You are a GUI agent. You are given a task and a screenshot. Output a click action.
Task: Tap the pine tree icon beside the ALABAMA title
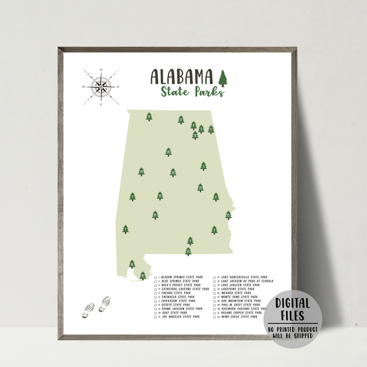click(223, 78)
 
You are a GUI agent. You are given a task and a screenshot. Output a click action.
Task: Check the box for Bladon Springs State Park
click(156, 277)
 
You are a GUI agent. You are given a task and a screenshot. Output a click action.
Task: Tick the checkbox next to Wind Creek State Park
click(215, 317)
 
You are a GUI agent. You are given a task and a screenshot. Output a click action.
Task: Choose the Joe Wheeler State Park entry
click(180, 317)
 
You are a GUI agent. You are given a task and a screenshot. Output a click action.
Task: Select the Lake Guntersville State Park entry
click(244, 277)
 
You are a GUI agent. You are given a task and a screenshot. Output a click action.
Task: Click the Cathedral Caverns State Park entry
click(183, 289)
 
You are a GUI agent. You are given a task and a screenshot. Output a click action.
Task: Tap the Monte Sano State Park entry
click(240, 297)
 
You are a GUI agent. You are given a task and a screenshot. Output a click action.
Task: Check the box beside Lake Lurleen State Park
click(215, 285)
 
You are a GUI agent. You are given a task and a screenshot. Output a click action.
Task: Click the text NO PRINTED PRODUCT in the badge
click(292, 329)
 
